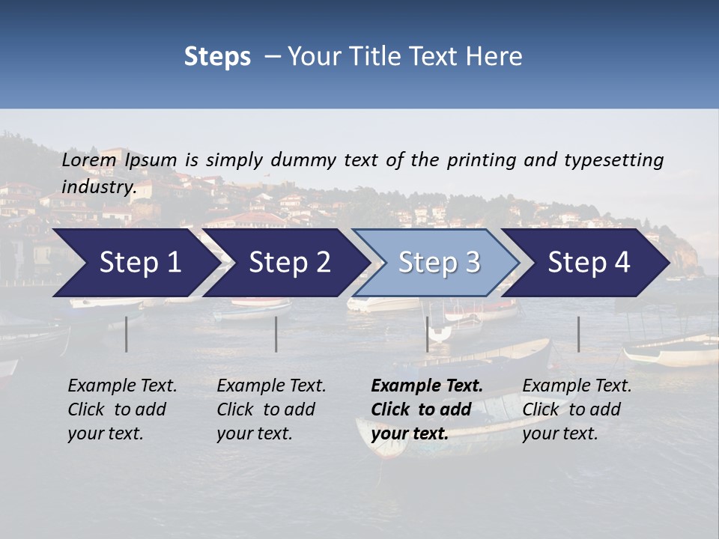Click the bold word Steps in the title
tap(217, 56)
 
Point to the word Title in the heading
tap(368, 56)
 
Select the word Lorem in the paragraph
tap(89, 159)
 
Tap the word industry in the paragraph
tap(98, 186)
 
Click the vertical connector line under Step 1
tap(127, 334)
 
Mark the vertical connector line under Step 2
tap(276, 334)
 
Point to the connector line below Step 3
tap(427, 334)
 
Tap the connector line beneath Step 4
tap(578, 334)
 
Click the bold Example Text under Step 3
tap(427, 386)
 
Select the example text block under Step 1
tap(122, 409)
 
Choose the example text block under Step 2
tap(271, 409)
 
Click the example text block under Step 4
tap(577, 409)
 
